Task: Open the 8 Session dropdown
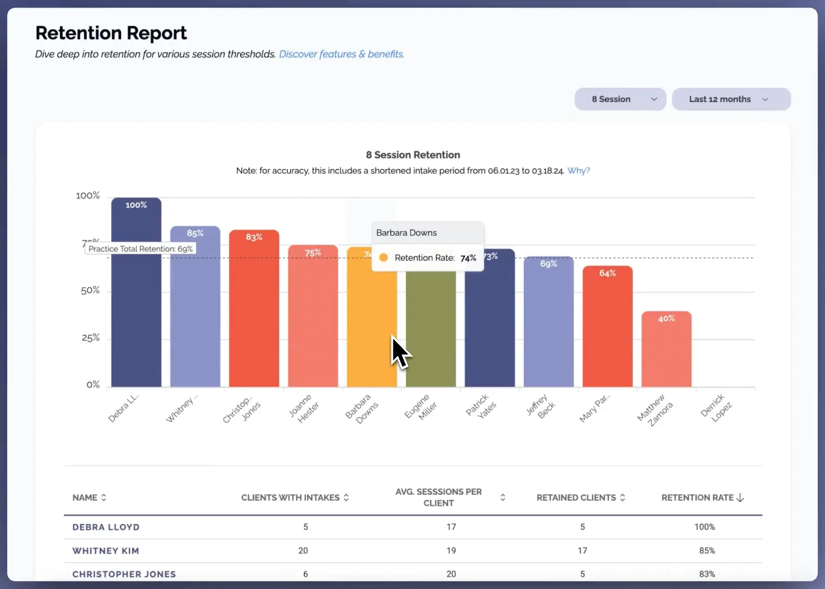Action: (620, 99)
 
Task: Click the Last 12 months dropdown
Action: (731, 99)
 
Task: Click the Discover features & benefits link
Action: (341, 54)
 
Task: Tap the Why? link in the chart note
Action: (578, 171)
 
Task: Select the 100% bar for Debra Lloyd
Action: (136, 294)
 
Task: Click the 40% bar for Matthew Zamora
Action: (666, 352)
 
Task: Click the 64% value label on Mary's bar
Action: (607, 273)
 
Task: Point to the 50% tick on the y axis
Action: (90, 290)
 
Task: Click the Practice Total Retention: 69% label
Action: (140, 249)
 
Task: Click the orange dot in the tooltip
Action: (384, 257)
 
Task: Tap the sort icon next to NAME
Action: (104, 497)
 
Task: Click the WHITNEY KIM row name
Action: (106, 551)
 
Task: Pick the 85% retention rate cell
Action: (707, 551)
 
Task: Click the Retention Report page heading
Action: (111, 33)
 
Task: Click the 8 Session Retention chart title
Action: (412, 155)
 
